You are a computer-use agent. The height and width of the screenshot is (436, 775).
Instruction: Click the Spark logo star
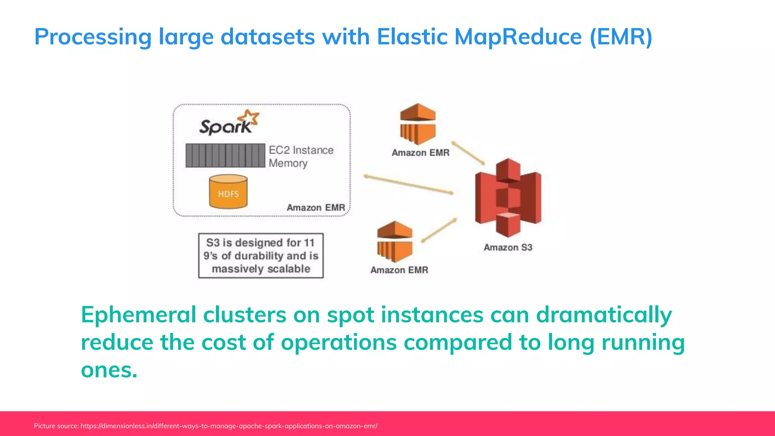[x=251, y=118]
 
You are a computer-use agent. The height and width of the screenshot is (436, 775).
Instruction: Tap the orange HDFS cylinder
[x=228, y=192]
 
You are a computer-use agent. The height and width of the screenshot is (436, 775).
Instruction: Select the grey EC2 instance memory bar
[x=225, y=156]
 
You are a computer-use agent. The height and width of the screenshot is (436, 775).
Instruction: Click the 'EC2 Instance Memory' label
[x=300, y=157]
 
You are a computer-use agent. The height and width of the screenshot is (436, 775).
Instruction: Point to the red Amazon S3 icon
[x=508, y=198]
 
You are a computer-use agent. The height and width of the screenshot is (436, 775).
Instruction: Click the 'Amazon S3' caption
[x=508, y=248]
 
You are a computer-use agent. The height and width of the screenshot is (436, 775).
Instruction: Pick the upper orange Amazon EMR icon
[x=418, y=124]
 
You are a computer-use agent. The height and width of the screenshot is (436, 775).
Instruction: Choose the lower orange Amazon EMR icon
[x=395, y=242]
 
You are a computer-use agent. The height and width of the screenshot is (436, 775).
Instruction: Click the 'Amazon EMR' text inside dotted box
[x=316, y=208]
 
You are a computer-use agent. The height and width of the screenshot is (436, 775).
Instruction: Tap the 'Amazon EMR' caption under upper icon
[x=420, y=153]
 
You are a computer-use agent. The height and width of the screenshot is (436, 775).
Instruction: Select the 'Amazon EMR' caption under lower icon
[x=399, y=270]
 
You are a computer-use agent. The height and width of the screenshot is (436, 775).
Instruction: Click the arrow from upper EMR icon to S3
[x=468, y=153]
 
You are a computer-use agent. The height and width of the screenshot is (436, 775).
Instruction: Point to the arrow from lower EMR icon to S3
[x=439, y=230]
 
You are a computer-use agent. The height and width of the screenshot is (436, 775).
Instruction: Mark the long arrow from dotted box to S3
[x=409, y=185]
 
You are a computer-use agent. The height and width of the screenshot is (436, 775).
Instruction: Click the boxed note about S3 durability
[x=261, y=256]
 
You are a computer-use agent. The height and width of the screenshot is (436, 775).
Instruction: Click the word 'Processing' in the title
[x=93, y=37]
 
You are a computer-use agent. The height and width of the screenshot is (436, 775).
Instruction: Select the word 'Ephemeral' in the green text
[x=139, y=315]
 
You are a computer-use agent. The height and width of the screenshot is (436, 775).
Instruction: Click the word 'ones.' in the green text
[x=109, y=370]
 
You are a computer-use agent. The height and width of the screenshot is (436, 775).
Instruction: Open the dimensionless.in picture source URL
[x=229, y=426]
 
